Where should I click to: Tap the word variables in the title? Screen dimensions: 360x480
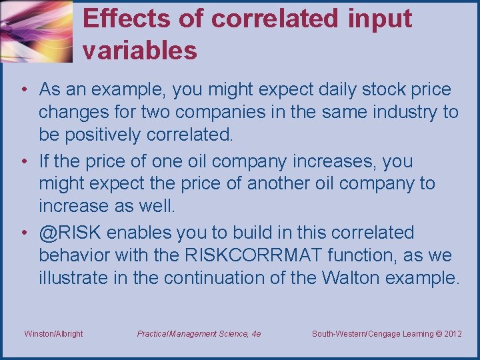(140, 50)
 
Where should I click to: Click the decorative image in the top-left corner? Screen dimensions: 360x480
(36, 31)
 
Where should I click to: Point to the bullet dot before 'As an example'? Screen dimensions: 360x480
(23, 89)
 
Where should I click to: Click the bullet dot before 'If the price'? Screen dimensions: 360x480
(23, 161)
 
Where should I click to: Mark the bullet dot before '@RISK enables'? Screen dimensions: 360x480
(23, 233)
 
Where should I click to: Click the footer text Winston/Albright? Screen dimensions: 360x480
(53, 333)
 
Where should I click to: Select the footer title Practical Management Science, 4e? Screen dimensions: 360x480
(199, 333)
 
